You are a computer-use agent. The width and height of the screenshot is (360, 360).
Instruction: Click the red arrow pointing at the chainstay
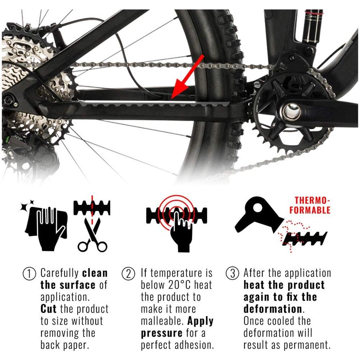point(187,77)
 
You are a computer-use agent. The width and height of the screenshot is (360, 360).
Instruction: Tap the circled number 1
point(30,274)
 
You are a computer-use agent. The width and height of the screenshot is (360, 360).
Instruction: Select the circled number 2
point(129,274)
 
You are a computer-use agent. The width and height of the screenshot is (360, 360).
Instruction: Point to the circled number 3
point(232,274)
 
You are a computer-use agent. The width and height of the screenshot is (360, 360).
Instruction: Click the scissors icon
point(92,235)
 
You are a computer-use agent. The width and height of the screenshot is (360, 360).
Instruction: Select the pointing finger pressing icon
point(181,231)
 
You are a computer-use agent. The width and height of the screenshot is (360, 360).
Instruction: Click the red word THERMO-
point(312,201)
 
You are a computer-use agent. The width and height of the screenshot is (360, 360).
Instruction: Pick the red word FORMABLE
point(310,210)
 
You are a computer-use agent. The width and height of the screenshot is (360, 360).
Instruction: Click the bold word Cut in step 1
point(49,309)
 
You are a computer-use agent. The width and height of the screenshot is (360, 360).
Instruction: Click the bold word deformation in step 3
point(273,309)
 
